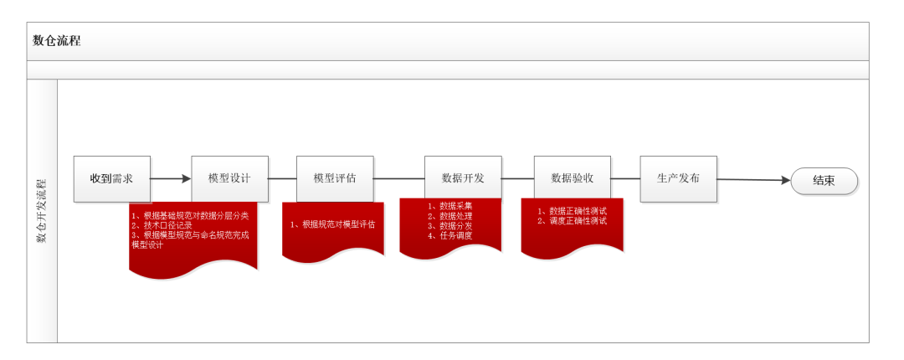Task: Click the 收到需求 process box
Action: pos(112,178)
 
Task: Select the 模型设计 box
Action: pos(229,178)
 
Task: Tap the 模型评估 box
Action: pos(335,178)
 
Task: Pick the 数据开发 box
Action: pos(463,178)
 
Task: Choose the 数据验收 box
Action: pos(573,178)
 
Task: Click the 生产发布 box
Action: pos(678,178)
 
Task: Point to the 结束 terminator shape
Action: pos(824,180)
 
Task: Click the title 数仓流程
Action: pos(57,40)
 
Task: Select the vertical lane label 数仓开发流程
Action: pos(41,210)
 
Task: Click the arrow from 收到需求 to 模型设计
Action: pos(171,178)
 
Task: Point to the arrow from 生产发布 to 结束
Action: pos(753,179)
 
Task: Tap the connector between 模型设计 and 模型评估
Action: pos(282,178)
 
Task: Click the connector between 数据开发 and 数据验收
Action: pos(517,178)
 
